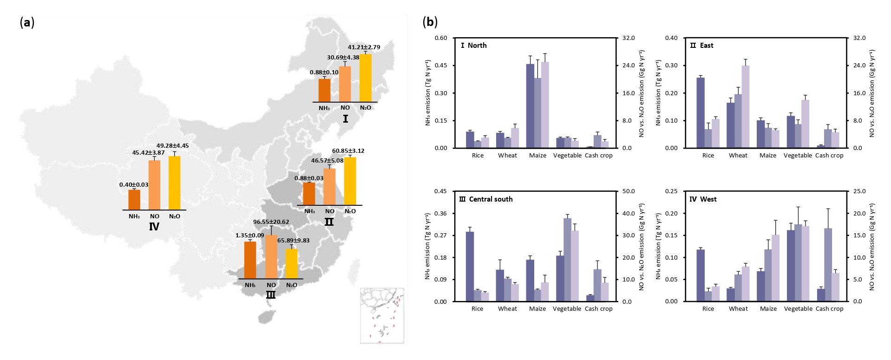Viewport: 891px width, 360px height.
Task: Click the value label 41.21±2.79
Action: (x=364, y=47)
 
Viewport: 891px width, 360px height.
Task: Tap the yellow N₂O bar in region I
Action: (x=366, y=78)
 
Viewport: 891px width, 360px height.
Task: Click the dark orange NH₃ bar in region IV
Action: (x=134, y=200)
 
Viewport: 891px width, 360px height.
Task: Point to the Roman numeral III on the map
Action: (x=270, y=295)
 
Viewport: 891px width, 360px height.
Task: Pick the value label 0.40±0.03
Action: (x=134, y=185)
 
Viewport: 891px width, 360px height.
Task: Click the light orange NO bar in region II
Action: (x=329, y=186)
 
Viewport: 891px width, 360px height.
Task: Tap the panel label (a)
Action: (x=27, y=22)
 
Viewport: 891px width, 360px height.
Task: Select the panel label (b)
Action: (x=430, y=22)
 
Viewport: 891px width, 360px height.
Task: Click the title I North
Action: (x=474, y=46)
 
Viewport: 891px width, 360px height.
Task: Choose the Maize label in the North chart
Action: (x=537, y=156)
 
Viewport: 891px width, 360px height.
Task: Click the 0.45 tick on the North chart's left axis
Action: (x=441, y=65)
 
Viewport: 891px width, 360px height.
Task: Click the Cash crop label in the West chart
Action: (x=829, y=309)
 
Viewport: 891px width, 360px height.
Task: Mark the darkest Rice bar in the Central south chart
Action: (x=470, y=267)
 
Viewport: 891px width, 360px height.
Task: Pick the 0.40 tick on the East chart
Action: (x=671, y=38)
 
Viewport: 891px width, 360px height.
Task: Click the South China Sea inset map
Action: (x=382, y=316)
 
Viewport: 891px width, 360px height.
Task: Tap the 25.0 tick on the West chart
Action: (x=859, y=191)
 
